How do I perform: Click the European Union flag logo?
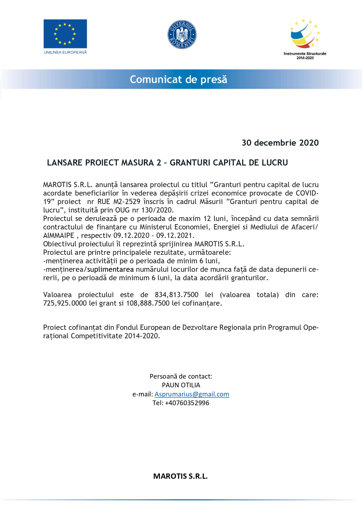65,34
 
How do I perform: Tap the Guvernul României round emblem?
182,34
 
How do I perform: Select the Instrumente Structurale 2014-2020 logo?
305,39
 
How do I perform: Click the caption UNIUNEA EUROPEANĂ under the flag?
65,52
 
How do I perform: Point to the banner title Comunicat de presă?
178,79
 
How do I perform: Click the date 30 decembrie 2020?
280,143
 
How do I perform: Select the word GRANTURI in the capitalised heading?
190,163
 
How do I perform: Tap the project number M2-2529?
127,202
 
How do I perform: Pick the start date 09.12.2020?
131,236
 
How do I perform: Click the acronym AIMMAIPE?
59,236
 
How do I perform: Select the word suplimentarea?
110,269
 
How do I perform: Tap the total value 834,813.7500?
176,295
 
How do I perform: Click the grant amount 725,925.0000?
65,303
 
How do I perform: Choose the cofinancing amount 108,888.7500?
148,303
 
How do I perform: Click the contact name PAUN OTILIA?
181,385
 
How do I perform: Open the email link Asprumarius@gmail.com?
192,394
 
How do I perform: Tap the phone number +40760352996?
187,403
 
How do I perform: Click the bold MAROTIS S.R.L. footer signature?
180,476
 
